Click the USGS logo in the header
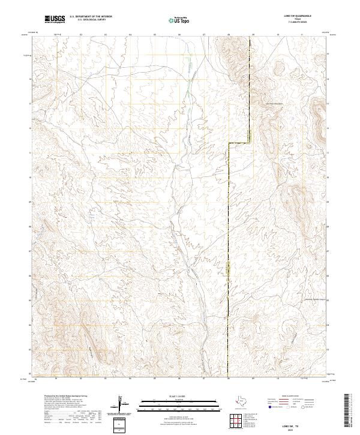(55, 19)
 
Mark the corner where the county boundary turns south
(228, 143)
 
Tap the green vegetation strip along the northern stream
(187, 90)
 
